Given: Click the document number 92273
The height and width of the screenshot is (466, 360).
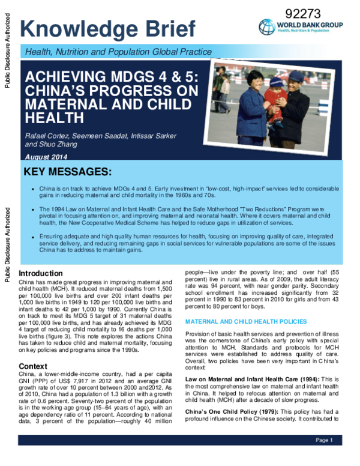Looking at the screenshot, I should (304, 13).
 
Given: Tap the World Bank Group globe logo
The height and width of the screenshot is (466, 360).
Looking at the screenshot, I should (267, 27).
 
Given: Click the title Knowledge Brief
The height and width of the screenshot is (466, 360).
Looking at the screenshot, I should (108, 28).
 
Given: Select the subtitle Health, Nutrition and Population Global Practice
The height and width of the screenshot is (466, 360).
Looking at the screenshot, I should (118, 52).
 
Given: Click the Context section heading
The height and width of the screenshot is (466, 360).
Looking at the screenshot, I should (34, 366).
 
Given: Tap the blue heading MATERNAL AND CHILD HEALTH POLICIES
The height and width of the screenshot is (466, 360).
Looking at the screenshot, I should (246, 322).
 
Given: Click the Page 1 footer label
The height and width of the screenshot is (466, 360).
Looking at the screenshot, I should (324, 440).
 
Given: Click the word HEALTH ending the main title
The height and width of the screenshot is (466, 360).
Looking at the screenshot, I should (50, 118).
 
